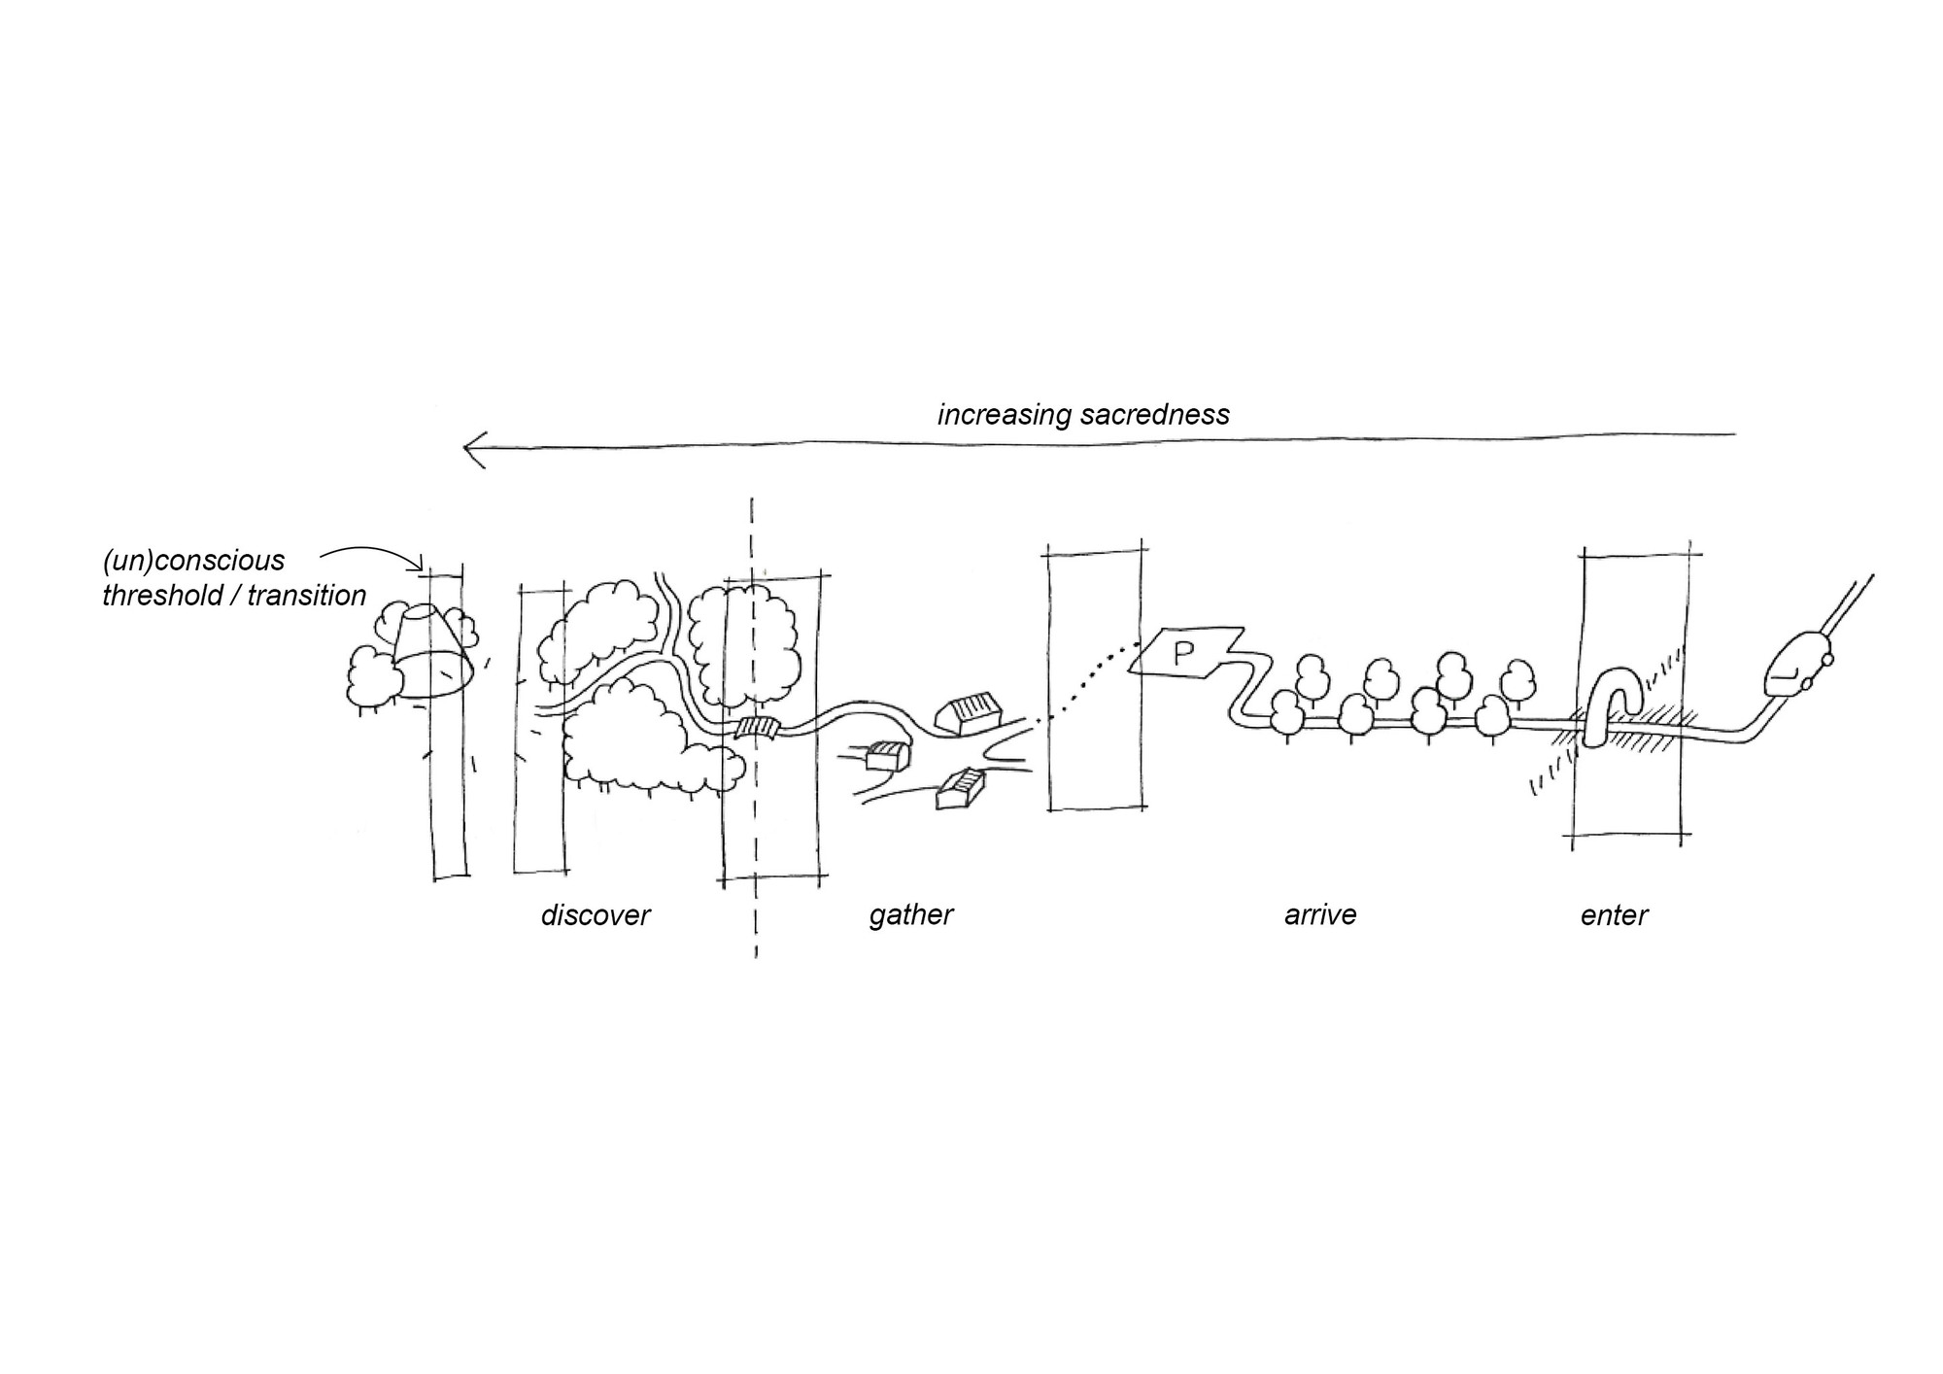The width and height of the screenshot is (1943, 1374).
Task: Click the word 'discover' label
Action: click(x=595, y=915)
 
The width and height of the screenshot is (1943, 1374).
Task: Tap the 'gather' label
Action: click(x=910, y=915)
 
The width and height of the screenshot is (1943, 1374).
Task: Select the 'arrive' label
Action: click(x=1319, y=915)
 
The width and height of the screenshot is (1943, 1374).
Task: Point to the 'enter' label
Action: click(x=1614, y=915)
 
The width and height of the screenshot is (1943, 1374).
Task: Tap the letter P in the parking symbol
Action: click(x=1182, y=653)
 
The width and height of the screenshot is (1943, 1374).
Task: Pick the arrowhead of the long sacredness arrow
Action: click(x=473, y=451)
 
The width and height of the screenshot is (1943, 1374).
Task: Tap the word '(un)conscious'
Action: click(x=193, y=561)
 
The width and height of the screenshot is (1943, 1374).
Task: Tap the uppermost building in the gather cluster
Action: click(x=968, y=713)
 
